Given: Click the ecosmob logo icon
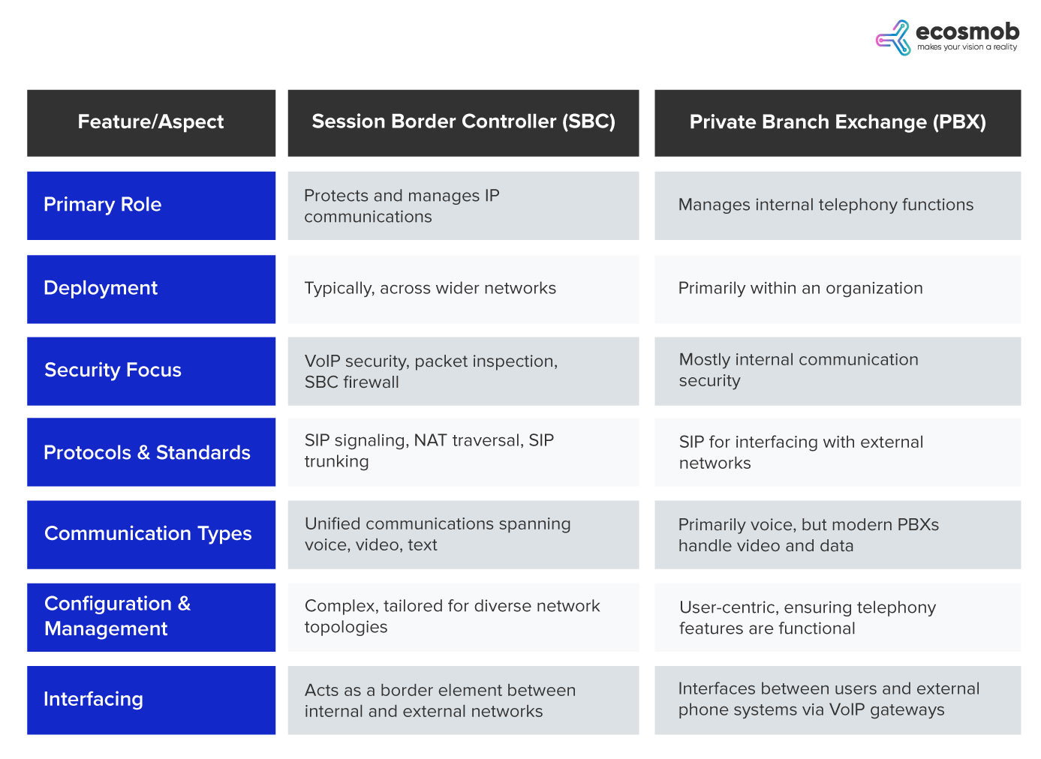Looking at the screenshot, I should coord(892,37).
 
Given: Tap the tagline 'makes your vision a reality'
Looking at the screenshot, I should coord(967,47).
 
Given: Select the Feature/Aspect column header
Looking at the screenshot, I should coord(151,122).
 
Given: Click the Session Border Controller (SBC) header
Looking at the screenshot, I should coord(463,122).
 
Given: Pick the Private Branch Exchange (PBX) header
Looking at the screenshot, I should coord(838,122).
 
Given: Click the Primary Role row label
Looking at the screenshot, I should coord(103,205).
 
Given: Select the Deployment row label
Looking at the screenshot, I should coord(101,288).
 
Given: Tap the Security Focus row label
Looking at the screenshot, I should coord(113,370).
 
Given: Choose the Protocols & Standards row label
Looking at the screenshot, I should coord(147,453).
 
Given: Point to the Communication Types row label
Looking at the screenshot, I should coord(148,534).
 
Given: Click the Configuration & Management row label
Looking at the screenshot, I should coord(117,616).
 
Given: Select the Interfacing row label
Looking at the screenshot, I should coord(93,699).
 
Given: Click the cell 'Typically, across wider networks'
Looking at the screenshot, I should coord(430,289).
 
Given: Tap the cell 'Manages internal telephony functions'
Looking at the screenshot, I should coord(826,205).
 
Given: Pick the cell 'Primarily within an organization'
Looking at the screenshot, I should coord(800,289).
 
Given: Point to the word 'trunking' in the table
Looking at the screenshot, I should coord(336,462).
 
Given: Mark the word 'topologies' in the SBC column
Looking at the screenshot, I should coord(346,628).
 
